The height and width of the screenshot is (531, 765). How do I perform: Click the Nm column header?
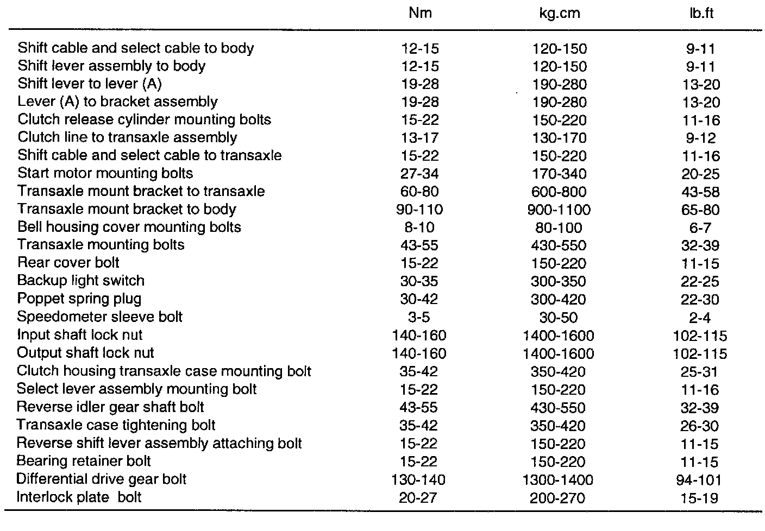[419, 13]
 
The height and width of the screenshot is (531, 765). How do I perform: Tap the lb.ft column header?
[700, 13]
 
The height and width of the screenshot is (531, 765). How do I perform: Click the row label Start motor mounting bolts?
[105, 174]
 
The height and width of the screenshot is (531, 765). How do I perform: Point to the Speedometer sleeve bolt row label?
[100, 317]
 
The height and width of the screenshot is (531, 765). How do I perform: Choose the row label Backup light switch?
[81, 281]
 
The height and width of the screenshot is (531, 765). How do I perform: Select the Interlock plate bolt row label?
[79, 497]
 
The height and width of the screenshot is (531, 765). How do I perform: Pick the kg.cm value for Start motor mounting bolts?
[559, 174]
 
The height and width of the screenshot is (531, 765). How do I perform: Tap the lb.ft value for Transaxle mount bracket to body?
[700, 210]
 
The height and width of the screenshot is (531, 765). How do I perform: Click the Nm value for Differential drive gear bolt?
[418, 480]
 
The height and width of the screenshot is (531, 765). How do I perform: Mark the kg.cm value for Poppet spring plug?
[559, 299]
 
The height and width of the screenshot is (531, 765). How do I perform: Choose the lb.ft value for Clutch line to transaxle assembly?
[700, 138]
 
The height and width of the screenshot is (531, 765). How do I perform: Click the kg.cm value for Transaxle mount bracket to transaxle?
[559, 192]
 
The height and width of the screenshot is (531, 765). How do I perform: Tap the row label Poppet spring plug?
[79, 299]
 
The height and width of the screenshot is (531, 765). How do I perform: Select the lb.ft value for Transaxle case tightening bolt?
[700, 426]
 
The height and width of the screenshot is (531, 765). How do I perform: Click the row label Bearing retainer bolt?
[84, 461]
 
